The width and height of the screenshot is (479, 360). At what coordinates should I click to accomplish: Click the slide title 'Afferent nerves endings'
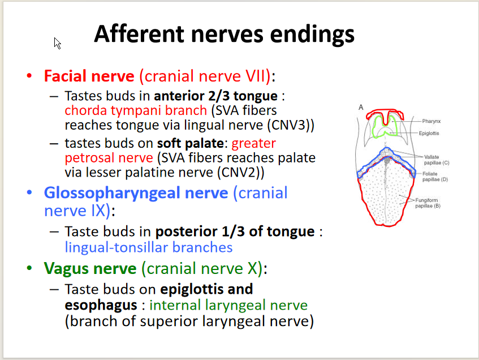coord(224,34)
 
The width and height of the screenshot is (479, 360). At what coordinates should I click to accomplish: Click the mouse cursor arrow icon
coord(57,42)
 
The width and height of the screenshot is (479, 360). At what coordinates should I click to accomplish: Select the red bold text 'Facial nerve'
coord(89,76)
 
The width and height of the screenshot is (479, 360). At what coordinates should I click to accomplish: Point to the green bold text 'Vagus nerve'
coord(90,268)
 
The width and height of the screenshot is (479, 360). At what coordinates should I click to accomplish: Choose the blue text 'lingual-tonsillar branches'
coord(148,247)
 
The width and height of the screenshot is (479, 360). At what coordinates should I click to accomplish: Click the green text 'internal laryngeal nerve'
coord(228,306)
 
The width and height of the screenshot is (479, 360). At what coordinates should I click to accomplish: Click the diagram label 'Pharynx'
coord(432,121)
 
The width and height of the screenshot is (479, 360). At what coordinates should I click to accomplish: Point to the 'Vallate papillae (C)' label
coord(437,160)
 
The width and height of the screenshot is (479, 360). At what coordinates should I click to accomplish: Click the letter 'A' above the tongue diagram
coord(361,108)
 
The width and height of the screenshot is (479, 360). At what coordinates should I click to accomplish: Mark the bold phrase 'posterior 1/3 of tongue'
coord(235,232)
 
